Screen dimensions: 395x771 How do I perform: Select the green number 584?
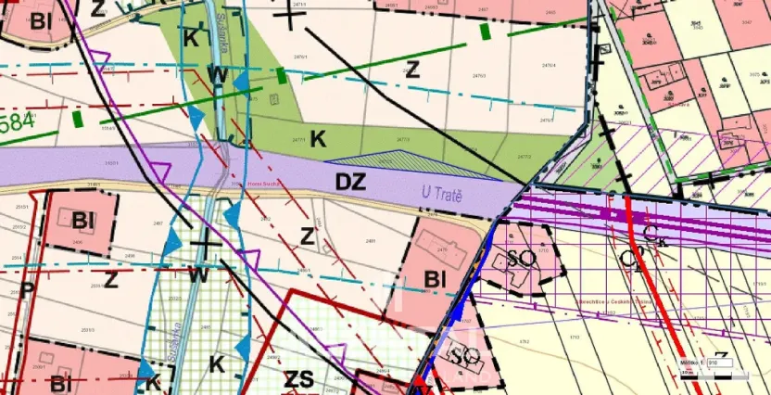point(19,122)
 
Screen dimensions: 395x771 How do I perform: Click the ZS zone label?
point(299,378)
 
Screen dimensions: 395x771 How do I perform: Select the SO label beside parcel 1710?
point(521,258)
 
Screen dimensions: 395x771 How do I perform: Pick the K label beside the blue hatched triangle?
point(317,139)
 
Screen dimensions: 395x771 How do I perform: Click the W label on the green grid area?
point(197,274)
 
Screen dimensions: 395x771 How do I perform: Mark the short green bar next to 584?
point(78,118)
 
